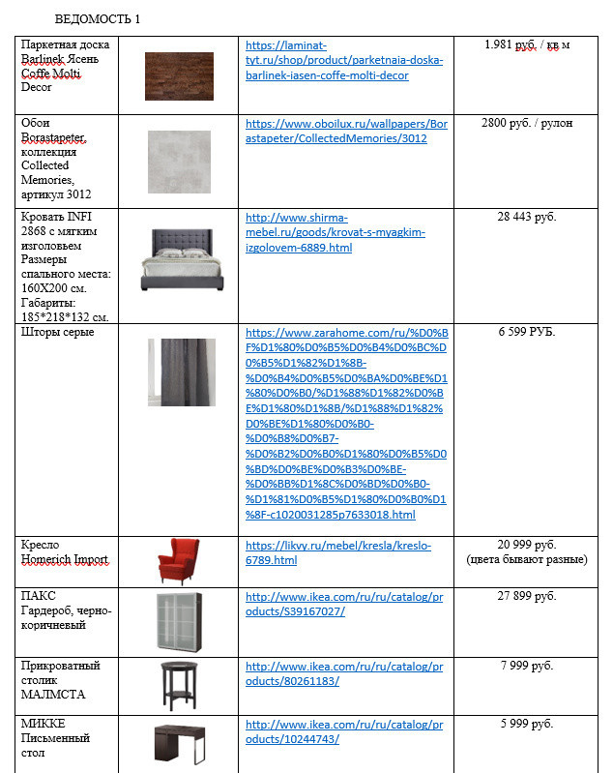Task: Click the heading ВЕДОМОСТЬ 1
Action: tap(98, 19)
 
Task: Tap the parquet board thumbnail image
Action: tap(179, 75)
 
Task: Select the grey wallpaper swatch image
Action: tap(179, 161)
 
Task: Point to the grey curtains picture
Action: tap(181, 372)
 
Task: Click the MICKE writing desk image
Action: tap(179, 743)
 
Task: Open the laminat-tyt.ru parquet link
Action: tap(343, 60)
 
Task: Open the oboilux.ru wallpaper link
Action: tap(345, 131)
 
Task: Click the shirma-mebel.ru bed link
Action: tap(336, 232)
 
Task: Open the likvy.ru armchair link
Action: tap(338, 552)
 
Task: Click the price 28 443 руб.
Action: tap(527, 217)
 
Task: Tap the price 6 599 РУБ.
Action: tap(527, 332)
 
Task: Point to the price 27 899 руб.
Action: tap(527, 596)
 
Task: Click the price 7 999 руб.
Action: tap(527, 666)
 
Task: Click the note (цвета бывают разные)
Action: tap(527, 560)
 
